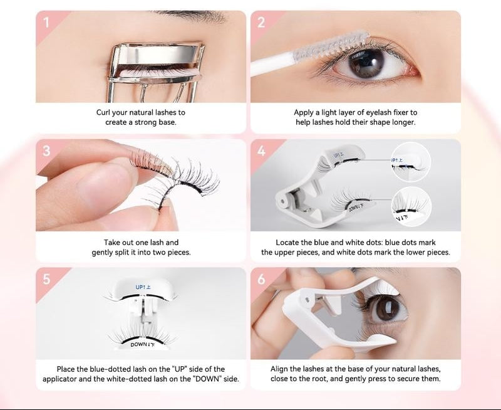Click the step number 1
[46, 23]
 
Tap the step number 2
[261, 23]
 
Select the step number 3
[46, 150]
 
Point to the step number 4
[261, 150]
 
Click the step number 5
[46, 279]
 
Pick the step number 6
[261, 279]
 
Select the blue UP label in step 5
[143, 287]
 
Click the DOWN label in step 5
[143, 345]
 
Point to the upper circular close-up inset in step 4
[411, 162]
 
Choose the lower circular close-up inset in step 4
[411, 206]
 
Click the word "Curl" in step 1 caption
[103, 113]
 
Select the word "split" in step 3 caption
[121, 253]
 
